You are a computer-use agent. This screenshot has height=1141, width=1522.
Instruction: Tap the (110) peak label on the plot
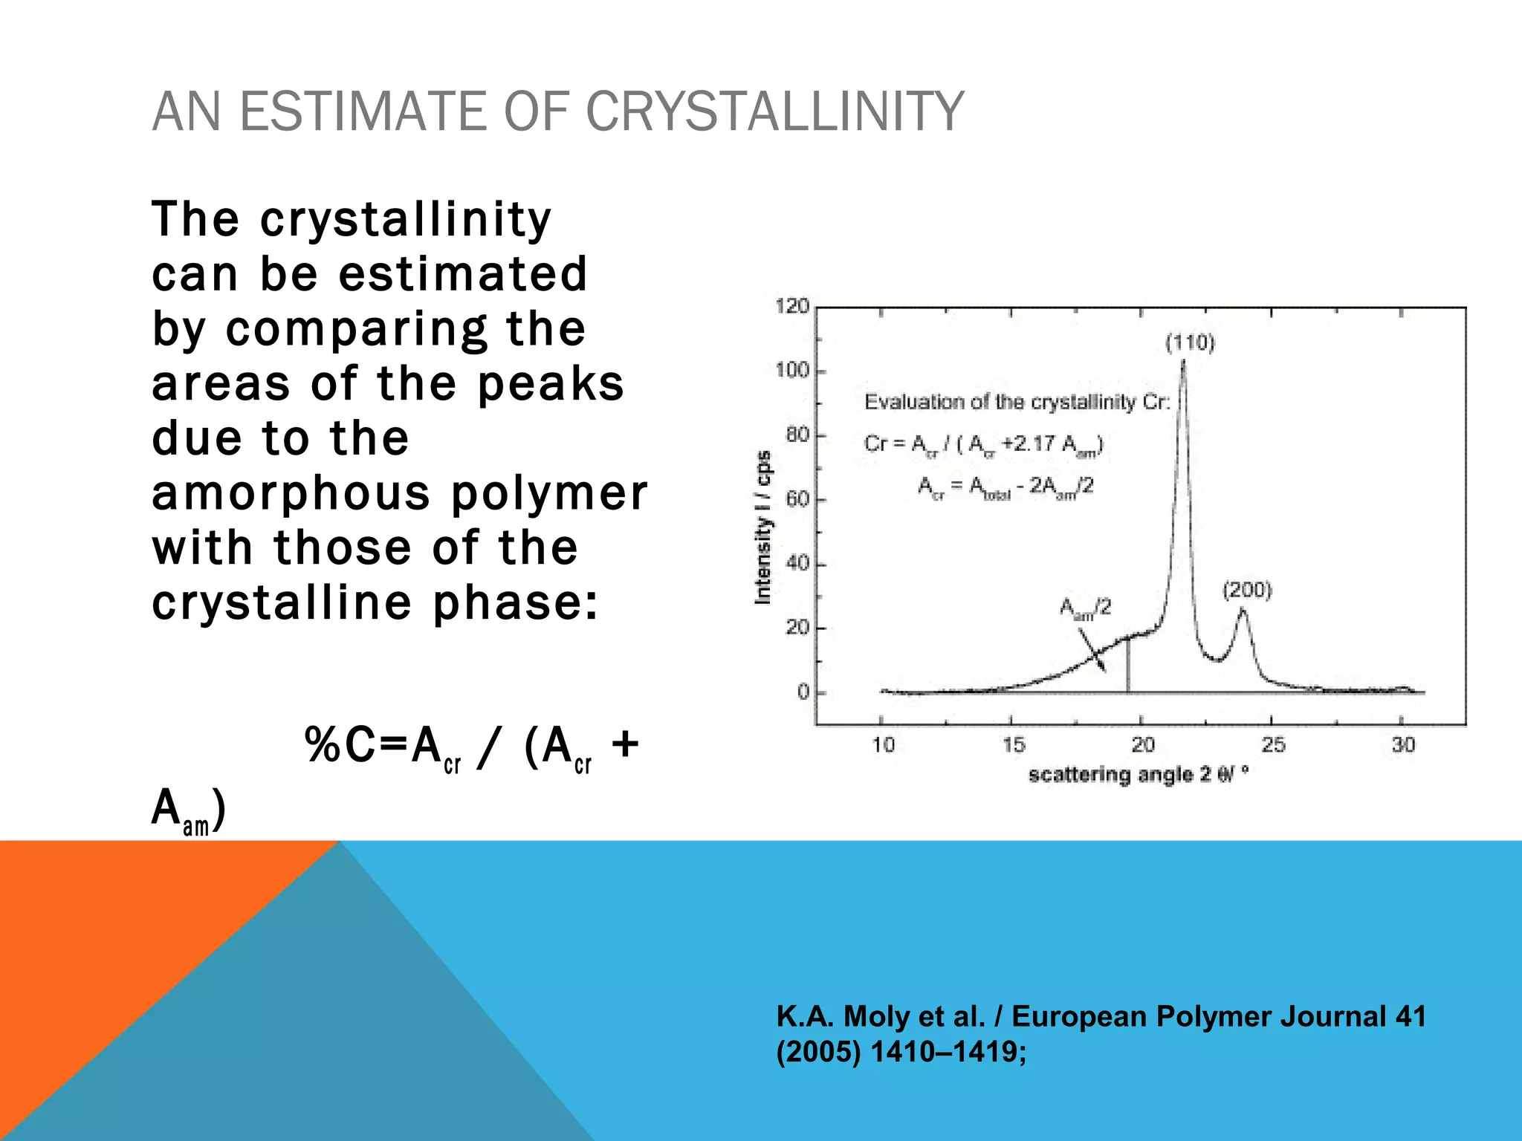click(x=1190, y=343)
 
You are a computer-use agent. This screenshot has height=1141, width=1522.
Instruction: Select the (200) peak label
click(x=1247, y=591)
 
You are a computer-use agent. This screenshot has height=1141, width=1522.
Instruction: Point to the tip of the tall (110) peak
click(x=1183, y=362)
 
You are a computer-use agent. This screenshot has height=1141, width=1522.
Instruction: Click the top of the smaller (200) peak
click(x=1243, y=610)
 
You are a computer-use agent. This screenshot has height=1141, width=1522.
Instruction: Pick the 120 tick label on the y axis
click(x=791, y=306)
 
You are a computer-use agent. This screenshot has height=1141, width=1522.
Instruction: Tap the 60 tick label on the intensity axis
click(x=797, y=498)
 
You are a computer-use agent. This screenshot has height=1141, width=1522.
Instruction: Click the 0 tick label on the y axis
click(x=803, y=692)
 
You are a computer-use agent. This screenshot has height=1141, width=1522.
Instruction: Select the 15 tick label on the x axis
click(x=1012, y=744)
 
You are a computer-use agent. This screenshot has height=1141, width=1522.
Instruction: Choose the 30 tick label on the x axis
click(x=1402, y=744)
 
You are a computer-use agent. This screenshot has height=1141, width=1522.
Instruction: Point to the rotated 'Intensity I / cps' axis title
click(x=763, y=527)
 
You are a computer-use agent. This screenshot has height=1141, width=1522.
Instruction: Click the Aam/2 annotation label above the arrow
click(x=1085, y=608)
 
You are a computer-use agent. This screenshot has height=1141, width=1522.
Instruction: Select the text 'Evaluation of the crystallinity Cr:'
click(x=1017, y=402)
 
